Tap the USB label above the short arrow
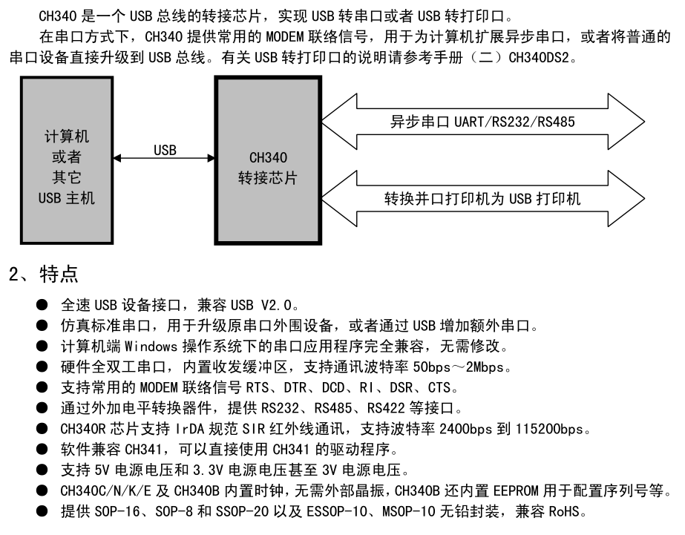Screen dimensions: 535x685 tap(165, 150)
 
